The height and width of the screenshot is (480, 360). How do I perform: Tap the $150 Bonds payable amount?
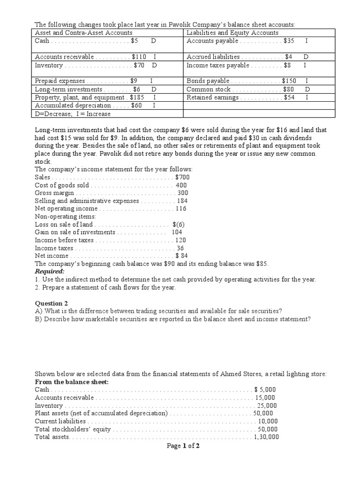(289, 81)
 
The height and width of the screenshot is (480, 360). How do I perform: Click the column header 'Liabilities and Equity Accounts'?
(232, 33)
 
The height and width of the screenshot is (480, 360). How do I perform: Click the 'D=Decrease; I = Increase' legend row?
(73, 114)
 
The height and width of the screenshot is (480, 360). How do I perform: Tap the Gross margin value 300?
(182, 193)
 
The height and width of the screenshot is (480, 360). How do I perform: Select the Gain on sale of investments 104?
(177, 232)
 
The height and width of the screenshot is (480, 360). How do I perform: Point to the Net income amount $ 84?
(181, 256)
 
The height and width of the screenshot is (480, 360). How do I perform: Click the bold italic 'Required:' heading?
(50, 271)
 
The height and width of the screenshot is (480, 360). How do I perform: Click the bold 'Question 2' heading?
(52, 303)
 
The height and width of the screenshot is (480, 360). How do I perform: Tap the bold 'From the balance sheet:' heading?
(71, 382)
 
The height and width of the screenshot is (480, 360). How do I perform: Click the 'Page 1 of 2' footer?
(183, 446)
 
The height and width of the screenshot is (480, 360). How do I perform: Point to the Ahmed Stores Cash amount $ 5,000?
(265, 390)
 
